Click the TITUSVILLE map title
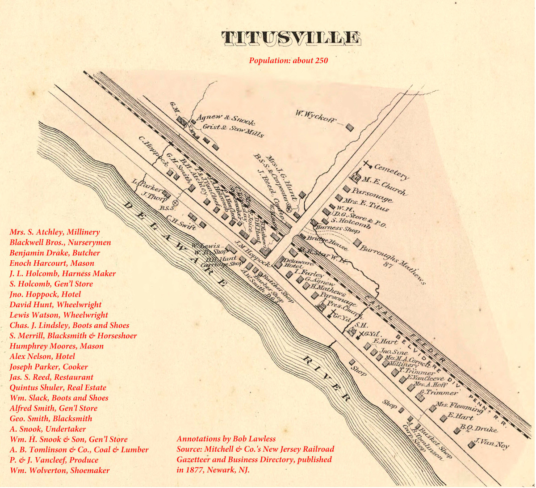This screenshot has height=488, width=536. tap(291, 38)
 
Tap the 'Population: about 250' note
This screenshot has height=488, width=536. tap(288, 60)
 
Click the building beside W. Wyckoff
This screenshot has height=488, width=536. tap(350, 127)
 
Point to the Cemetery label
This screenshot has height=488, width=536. tap(391, 172)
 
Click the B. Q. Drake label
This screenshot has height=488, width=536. tap(479, 429)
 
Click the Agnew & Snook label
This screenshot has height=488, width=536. tap(226, 119)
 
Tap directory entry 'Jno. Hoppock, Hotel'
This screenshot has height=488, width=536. tap(45, 294)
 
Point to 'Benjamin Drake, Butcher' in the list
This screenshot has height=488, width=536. tap(54, 253)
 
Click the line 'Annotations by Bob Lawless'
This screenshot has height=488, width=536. tap(226, 439)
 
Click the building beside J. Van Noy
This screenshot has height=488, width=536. tap(472, 445)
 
